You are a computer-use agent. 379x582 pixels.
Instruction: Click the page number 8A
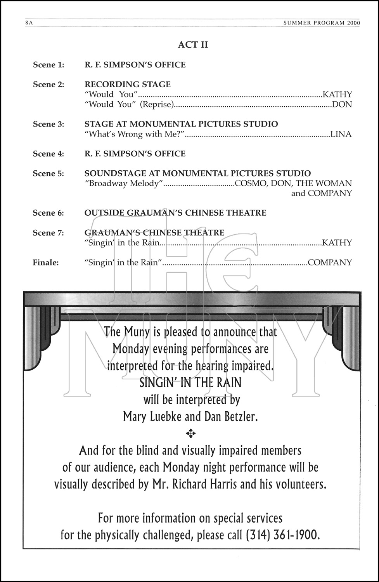click(29, 23)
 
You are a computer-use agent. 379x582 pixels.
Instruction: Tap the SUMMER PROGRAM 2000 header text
click(322, 23)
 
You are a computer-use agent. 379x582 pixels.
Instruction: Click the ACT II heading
click(193, 45)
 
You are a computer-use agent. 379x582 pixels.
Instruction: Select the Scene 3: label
click(48, 124)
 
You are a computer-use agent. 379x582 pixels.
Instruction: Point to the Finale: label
click(46, 263)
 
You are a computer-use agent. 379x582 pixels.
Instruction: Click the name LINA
click(341, 134)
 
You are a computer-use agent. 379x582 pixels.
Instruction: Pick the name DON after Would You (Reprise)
click(342, 104)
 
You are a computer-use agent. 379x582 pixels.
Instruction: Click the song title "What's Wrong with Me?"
click(134, 134)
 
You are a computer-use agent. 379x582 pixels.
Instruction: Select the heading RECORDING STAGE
click(128, 85)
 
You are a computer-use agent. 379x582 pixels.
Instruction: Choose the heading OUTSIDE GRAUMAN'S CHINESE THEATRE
click(175, 213)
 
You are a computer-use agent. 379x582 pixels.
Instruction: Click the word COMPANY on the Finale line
click(330, 263)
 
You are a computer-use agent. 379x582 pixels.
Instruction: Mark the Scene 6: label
click(48, 213)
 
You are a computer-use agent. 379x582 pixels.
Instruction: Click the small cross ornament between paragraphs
click(190, 433)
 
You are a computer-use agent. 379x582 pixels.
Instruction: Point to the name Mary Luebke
click(152, 417)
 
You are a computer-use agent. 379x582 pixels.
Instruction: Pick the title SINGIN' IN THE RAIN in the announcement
click(190, 383)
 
